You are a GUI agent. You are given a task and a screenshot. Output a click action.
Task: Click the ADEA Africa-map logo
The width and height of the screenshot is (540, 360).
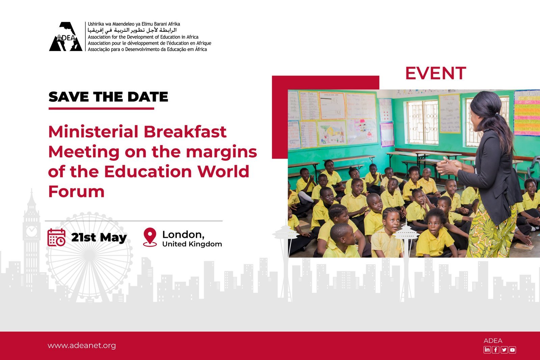pos(65,36)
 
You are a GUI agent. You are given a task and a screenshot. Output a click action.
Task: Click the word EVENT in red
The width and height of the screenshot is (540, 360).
pos(436,73)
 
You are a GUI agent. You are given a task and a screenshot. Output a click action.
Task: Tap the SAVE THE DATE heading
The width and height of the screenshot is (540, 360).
pos(108,97)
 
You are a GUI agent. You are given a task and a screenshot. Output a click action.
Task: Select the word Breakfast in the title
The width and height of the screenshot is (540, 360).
pos(185,132)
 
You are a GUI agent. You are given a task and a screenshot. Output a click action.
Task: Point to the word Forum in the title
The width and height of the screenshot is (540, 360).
pos(76,192)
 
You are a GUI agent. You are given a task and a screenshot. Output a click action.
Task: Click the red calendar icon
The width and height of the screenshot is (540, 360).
pos(56,237)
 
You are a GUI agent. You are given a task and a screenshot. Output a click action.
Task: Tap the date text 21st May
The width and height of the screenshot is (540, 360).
pos(99,238)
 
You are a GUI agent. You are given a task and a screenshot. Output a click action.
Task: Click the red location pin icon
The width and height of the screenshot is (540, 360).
pos(150,237)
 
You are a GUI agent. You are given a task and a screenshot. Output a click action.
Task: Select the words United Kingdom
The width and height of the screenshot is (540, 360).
pos(192,244)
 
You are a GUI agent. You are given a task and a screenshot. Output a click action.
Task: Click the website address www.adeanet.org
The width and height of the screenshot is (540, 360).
pos(82,345)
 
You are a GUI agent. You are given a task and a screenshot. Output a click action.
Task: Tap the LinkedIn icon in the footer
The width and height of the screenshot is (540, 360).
pos(487,350)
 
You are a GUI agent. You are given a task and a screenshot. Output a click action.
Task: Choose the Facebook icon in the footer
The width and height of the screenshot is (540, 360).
pos(495,350)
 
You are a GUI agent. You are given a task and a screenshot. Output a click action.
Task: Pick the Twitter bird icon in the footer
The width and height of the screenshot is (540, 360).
pos(504,350)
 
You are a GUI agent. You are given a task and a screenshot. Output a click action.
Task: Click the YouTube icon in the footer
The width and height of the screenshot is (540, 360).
pos(512,350)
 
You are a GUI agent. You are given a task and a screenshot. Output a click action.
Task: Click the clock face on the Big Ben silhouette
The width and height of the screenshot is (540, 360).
pos(32,231)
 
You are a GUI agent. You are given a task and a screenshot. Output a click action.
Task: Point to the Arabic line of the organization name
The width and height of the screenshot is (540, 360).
pos(132,30)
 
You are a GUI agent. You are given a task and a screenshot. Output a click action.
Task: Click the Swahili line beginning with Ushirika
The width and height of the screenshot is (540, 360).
pos(134,24)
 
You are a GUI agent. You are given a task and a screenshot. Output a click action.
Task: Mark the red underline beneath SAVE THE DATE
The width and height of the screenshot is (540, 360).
pos(101,108)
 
